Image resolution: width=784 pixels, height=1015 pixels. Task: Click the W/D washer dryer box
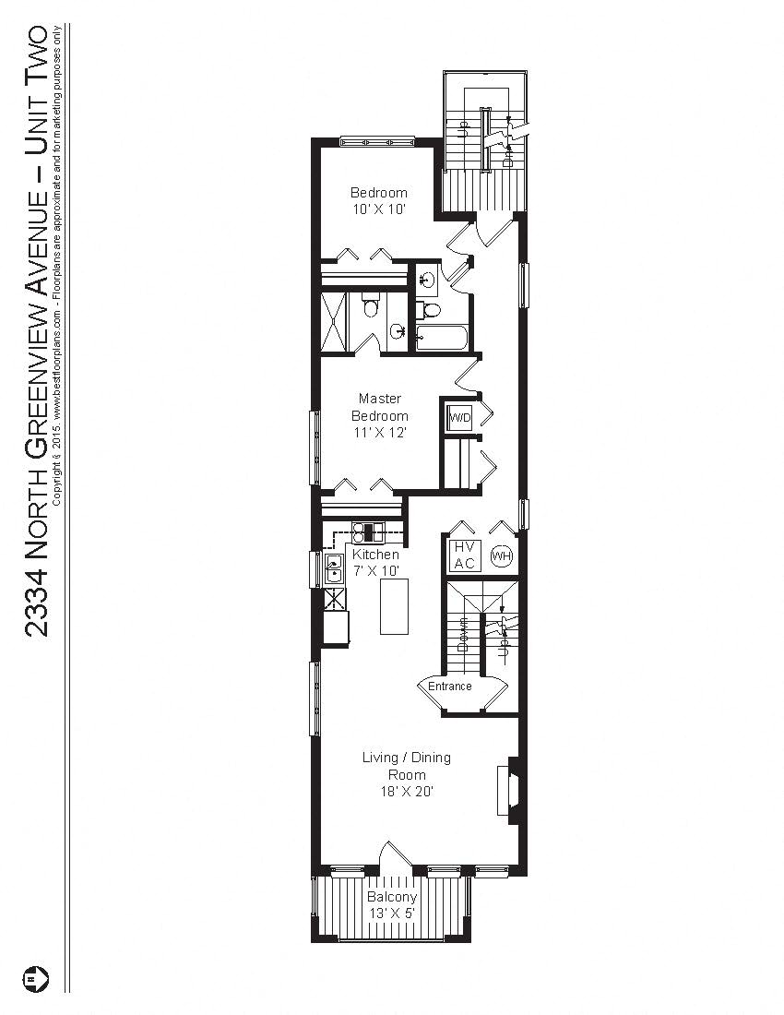(x=459, y=417)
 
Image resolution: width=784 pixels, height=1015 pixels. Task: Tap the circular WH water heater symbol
(x=501, y=556)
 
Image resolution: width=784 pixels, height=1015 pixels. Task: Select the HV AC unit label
(x=464, y=555)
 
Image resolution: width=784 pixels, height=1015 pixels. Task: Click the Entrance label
(x=450, y=687)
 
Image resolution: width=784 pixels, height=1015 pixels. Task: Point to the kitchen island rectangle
(x=398, y=607)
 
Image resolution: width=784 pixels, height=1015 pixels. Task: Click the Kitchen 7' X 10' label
(x=376, y=563)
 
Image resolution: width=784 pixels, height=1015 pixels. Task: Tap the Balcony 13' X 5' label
(x=392, y=904)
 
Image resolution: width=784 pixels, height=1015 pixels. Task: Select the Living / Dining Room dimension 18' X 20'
(x=406, y=791)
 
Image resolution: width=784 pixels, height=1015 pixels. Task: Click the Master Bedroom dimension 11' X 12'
(x=380, y=432)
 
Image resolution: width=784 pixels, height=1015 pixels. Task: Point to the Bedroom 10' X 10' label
(x=378, y=201)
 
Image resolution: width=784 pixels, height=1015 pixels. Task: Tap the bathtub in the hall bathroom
(x=443, y=338)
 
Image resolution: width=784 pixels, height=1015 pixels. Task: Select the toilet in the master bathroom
(x=372, y=304)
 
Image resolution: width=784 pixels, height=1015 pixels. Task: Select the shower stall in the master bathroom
(x=336, y=321)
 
